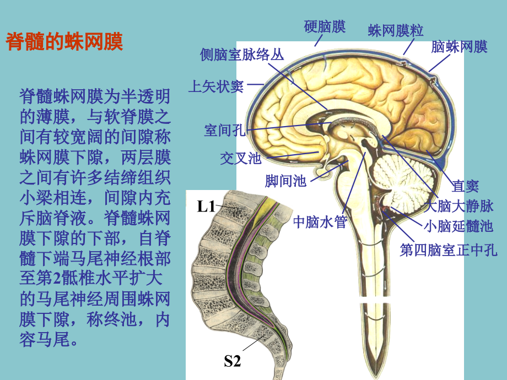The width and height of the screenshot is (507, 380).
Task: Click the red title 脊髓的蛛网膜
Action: click(x=64, y=41)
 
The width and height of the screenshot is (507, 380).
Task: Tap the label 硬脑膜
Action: click(x=325, y=26)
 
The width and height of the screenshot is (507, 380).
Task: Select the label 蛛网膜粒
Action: click(x=396, y=30)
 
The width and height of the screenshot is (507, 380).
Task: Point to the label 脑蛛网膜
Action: click(x=459, y=46)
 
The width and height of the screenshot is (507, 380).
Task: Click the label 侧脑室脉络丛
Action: click(x=242, y=55)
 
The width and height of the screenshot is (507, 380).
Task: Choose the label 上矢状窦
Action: click(x=216, y=86)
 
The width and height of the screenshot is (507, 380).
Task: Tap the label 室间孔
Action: click(x=225, y=130)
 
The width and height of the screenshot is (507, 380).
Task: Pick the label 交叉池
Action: click(x=241, y=159)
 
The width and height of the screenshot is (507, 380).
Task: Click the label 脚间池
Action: click(x=285, y=181)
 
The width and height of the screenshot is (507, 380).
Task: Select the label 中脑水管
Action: click(x=320, y=222)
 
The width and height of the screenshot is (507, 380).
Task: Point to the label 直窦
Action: click(x=465, y=186)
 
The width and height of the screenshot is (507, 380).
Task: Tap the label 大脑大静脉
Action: click(x=459, y=206)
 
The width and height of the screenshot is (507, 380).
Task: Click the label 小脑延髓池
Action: click(x=459, y=226)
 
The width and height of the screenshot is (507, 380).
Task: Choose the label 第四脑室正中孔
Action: click(x=449, y=250)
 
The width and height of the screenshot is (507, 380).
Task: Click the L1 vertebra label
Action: click(x=206, y=207)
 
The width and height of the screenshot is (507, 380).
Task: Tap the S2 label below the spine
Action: click(x=233, y=361)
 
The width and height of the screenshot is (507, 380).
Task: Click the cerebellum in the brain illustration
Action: click(x=403, y=180)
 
